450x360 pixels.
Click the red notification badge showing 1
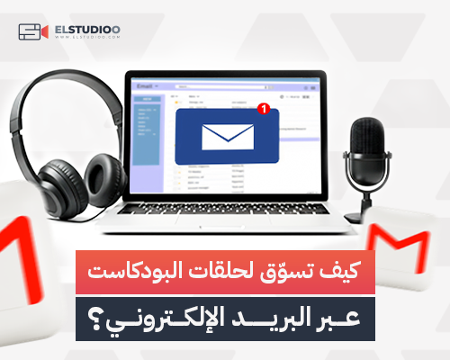point(262,110)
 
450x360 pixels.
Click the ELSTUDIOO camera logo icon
point(31,32)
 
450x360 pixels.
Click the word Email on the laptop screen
point(144,87)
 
